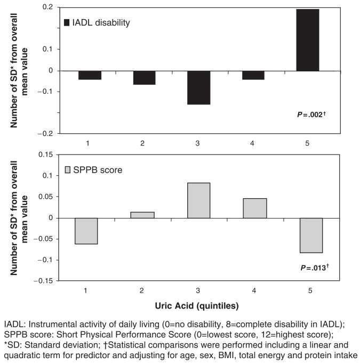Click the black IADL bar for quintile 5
point(308,40)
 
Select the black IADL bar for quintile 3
point(199,87)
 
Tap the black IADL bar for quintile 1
point(90,75)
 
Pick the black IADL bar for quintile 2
point(144,78)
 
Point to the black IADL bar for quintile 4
point(253,75)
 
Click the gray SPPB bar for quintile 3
point(199,200)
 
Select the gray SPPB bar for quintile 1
point(86,231)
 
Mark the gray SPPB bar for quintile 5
point(311,235)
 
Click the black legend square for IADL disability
point(67,22)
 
